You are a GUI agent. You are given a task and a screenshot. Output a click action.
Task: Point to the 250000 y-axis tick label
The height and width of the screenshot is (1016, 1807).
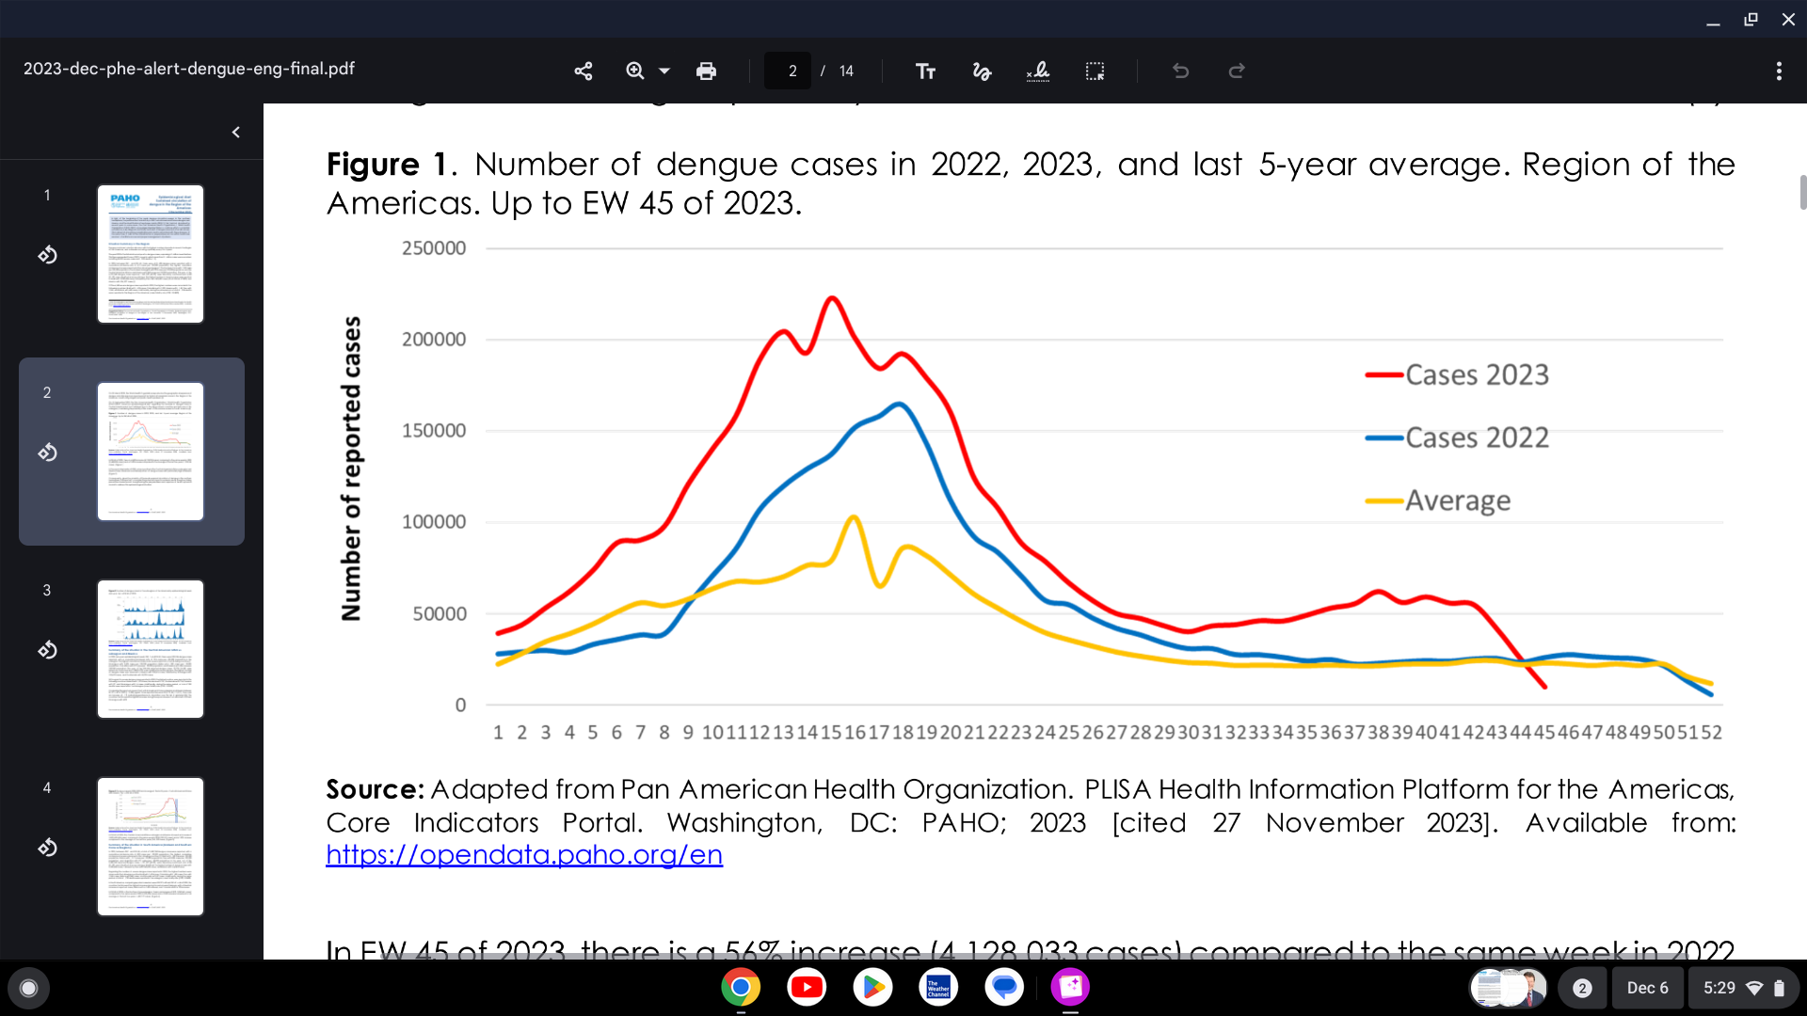click(x=434, y=248)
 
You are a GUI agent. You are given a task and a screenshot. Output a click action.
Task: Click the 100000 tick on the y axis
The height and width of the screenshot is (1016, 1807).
click(x=434, y=522)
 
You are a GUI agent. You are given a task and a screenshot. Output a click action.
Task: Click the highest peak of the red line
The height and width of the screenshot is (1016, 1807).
click(x=832, y=298)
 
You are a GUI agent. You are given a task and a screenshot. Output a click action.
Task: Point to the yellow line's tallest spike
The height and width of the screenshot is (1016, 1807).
click(x=854, y=516)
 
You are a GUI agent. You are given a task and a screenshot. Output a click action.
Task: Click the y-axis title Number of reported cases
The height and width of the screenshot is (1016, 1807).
click(x=351, y=468)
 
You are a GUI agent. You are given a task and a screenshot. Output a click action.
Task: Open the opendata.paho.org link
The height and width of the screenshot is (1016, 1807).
click(x=524, y=854)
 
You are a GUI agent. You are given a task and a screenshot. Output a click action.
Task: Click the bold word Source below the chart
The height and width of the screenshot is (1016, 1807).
click(x=374, y=789)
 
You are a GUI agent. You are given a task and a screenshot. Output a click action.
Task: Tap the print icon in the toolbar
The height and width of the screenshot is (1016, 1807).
click(x=706, y=71)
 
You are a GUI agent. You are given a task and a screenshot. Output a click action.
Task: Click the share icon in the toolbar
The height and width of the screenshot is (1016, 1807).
click(x=584, y=71)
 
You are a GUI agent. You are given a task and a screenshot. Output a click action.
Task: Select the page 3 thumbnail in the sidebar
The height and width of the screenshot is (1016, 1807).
click(x=151, y=649)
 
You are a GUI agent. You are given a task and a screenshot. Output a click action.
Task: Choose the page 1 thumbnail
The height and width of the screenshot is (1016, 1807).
click(x=151, y=254)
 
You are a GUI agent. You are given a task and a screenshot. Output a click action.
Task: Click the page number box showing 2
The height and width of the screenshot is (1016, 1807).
click(x=789, y=71)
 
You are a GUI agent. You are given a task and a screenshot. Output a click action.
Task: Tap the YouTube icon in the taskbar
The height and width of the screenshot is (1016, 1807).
click(x=807, y=987)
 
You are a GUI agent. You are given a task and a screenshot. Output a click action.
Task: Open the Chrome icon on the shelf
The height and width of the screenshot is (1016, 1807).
click(x=741, y=987)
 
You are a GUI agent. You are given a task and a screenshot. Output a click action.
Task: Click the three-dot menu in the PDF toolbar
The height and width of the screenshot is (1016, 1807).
click(x=1779, y=71)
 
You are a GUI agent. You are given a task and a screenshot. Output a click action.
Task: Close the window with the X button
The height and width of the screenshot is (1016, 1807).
click(x=1788, y=19)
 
